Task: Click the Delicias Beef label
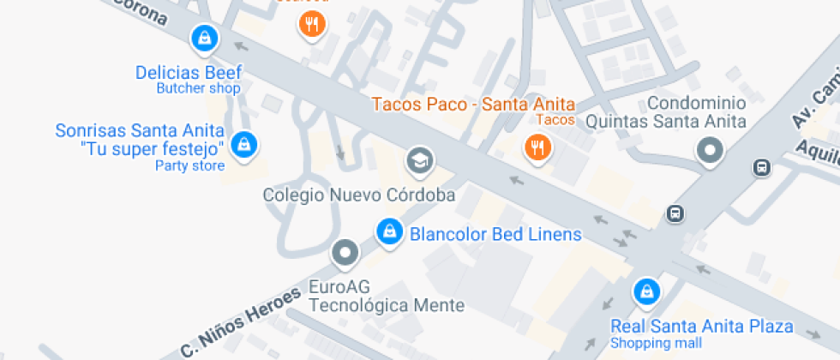[x=189, y=73]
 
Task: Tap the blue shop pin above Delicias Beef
[x=205, y=38]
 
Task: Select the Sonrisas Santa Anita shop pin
[x=245, y=143]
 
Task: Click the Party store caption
[x=189, y=165]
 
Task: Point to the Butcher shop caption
[x=198, y=88]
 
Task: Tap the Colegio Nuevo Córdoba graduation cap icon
[x=420, y=159]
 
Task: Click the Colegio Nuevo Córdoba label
[x=358, y=195]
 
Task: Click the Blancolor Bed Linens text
[x=495, y=234]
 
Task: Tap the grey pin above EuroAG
[x=345, y=253]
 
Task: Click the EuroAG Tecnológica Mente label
[x=387, y=297]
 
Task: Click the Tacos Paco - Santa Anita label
[x=472, y=105]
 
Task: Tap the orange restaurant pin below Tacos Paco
[x=537, y=147]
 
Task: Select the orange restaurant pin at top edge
[x=312, y=24]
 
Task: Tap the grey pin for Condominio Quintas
[x=710, y=153]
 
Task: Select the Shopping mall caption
[x=656, y=343]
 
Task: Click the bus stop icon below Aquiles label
[x=761, y=168]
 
